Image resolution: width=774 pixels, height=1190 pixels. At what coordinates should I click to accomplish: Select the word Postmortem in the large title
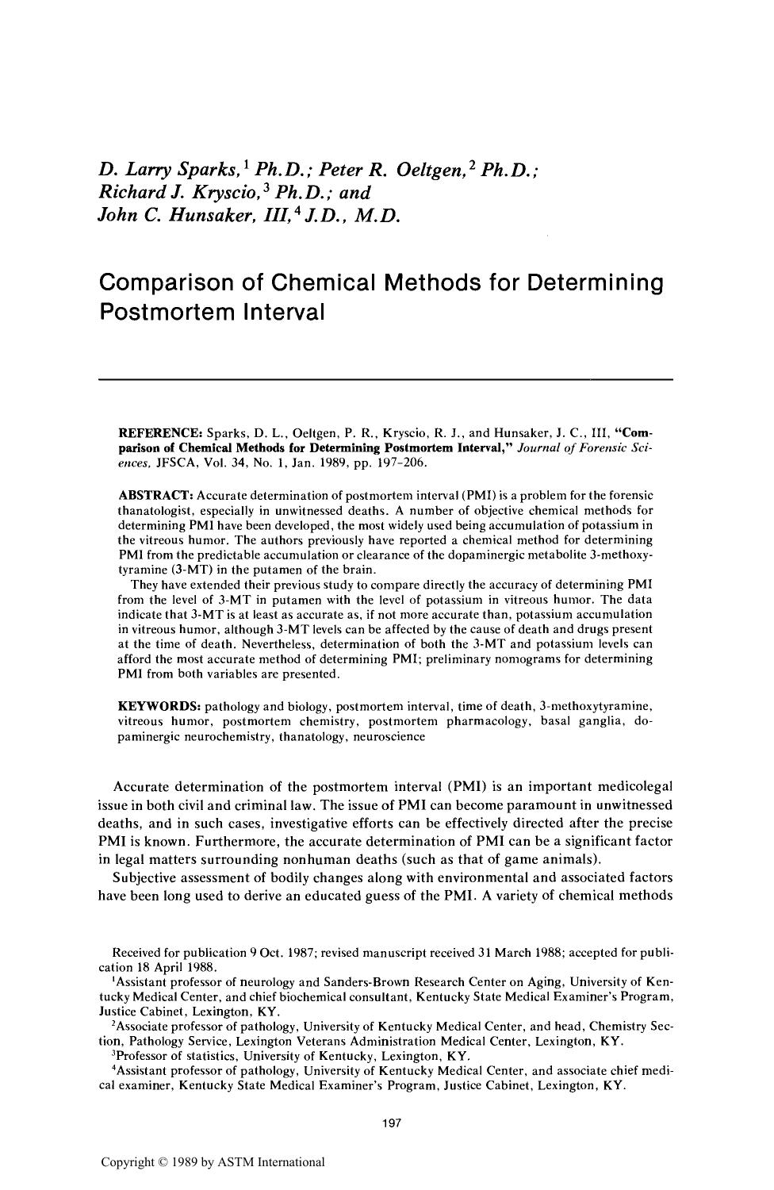pyautogui.click(x=164, y=312)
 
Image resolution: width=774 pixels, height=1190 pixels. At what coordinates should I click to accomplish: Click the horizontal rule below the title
pyautogui.click(x=385, y=380)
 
